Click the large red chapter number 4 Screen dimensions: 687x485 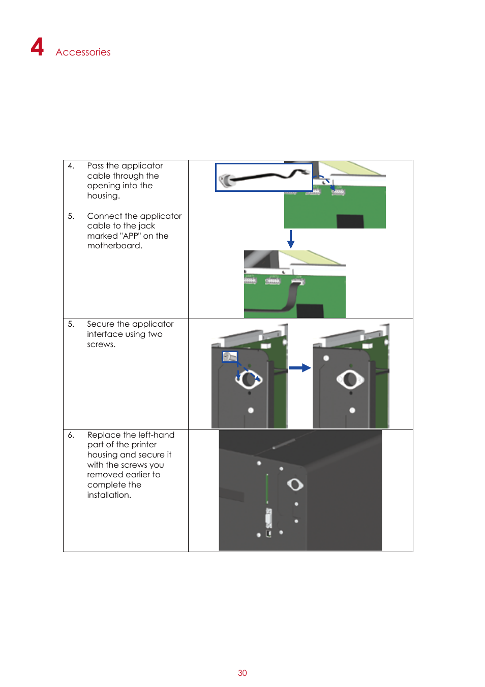(37, 47)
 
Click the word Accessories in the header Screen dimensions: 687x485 (83, 52)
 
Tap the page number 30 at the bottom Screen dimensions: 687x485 (242, 673)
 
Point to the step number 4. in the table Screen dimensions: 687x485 (71, 166)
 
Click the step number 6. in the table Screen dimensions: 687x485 (71, 435)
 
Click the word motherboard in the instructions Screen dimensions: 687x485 (114, 246)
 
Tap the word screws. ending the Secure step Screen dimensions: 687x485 (101, 345)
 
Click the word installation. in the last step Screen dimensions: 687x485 (109, 495)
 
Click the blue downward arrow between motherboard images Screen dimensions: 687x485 (291, 239)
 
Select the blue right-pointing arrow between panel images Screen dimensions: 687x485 (300, 368)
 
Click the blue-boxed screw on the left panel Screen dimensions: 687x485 (230, 357)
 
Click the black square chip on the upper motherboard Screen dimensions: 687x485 (350, 221)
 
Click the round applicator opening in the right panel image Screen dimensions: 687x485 (350, 379)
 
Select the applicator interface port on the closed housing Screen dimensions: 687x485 (295, 484)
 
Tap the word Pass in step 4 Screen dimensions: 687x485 (95, 166)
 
